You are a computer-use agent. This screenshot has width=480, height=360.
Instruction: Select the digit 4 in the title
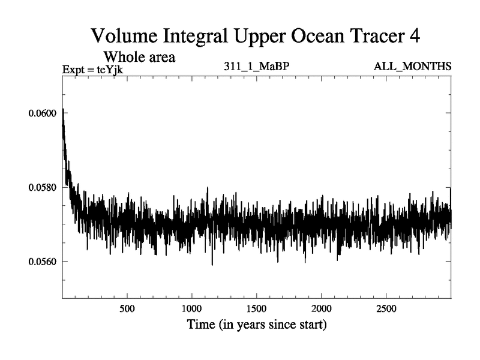point(414,36)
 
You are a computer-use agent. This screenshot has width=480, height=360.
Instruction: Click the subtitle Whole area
point(139,58)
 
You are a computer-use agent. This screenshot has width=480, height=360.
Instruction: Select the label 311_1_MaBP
point(256,65)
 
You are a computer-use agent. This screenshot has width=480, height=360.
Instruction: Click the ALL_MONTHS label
point(412,65)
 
